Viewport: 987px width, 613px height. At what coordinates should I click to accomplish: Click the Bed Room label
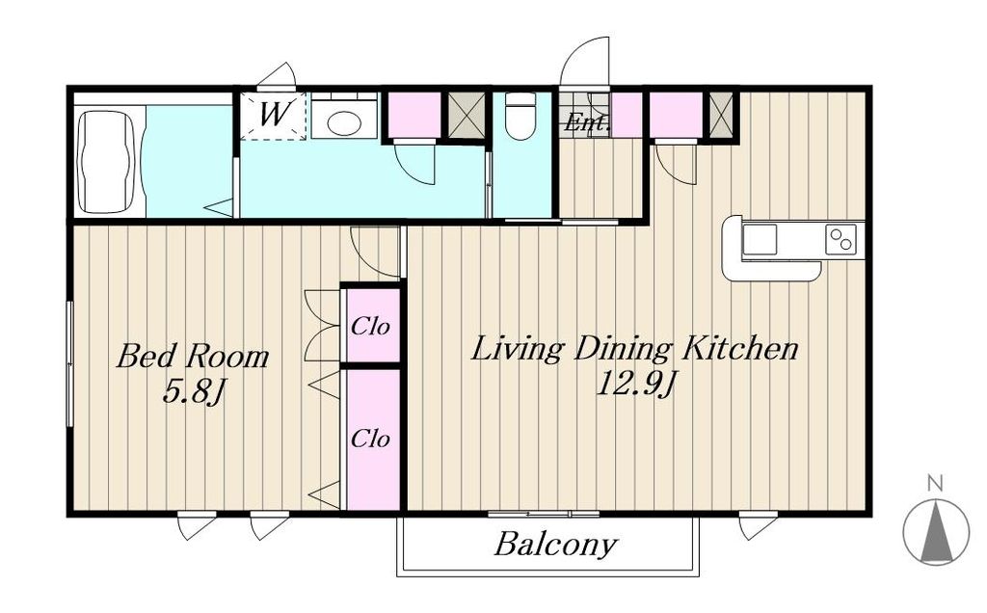(x=193, y=357)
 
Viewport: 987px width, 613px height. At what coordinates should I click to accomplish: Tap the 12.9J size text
(x=635, y=384)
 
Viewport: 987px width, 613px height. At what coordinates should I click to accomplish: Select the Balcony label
(x=555, y=545)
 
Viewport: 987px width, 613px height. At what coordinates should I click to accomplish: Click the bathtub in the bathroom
(x=106, y=162)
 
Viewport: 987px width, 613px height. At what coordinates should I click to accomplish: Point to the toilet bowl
(x=520, y=117)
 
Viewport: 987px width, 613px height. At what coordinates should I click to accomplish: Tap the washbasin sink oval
(x=344, y=122)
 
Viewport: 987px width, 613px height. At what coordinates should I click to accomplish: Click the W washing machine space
(x=275, y=116)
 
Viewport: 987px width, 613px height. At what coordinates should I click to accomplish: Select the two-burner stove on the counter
(x=840, y=239)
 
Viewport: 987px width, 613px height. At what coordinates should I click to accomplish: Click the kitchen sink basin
(x=760, y=240)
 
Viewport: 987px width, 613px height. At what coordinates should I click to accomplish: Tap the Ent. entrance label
(x=587, y=122)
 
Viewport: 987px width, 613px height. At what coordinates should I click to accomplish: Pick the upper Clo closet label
(x=370, y=326)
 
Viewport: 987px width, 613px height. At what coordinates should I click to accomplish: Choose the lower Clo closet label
(x=370, y=438)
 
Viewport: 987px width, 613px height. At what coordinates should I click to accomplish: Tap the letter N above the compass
(x=935, y=483)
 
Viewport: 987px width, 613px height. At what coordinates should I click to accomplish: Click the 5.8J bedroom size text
(x=194, y=392)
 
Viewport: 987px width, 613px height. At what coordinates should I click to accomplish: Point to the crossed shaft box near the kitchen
(x=721, y=115)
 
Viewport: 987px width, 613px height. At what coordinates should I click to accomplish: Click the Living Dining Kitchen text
(x=635, y=349)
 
